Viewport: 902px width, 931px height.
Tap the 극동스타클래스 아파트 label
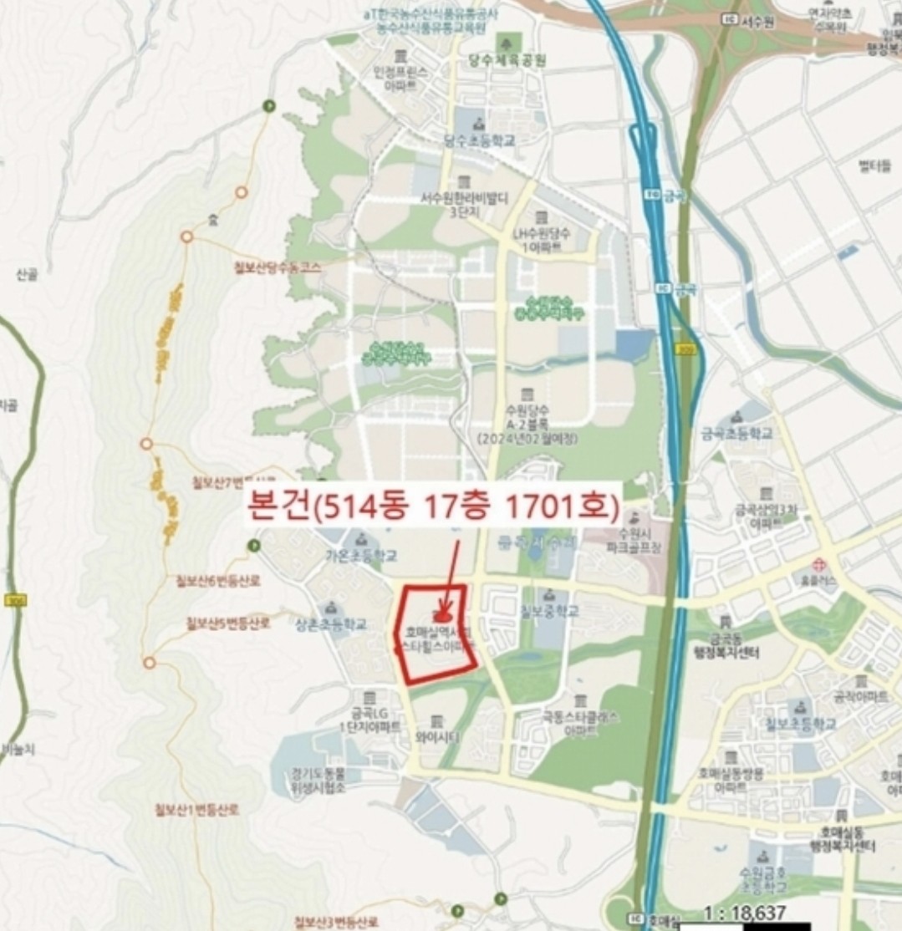580,723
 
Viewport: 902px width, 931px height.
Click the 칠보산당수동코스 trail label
280,266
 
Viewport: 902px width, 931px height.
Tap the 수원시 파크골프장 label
634,538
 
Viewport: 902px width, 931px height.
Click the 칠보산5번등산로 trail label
227,623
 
